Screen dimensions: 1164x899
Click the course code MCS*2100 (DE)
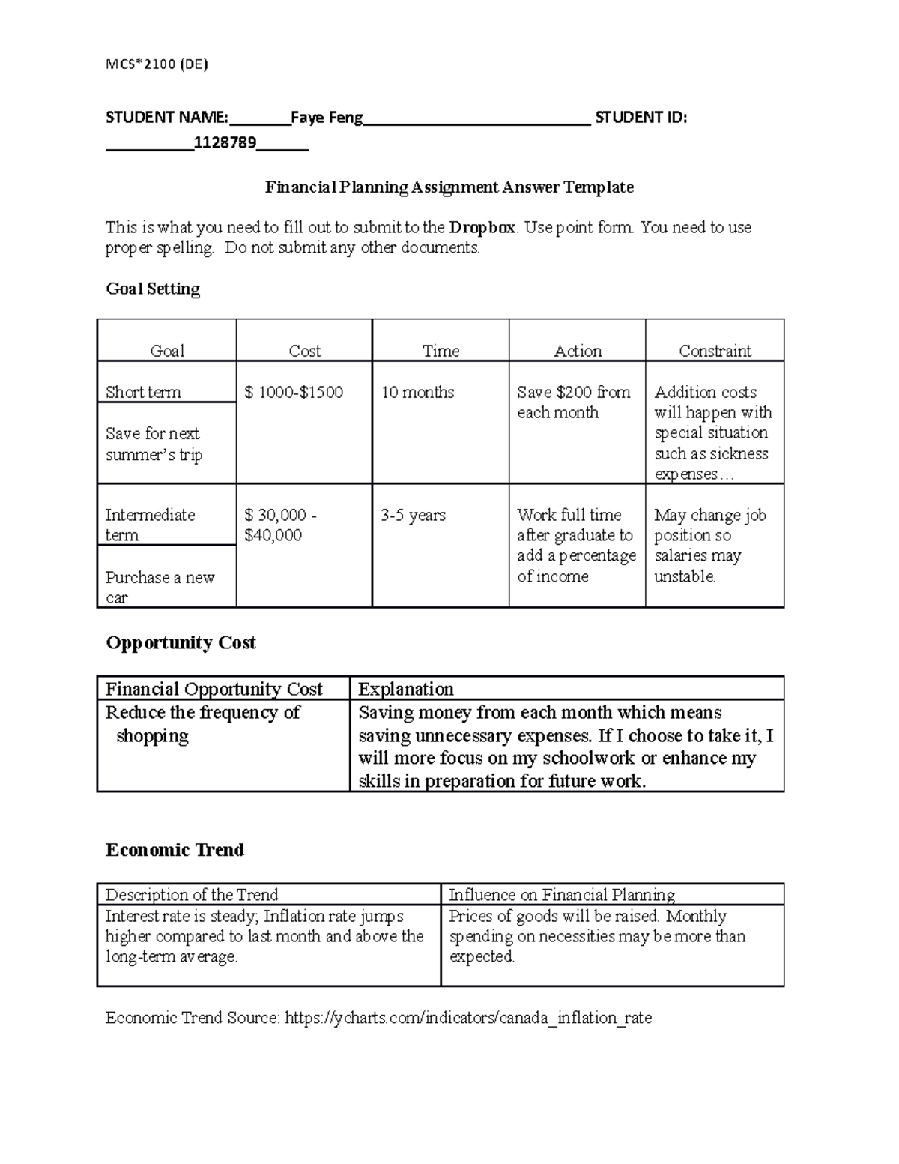point(157,64)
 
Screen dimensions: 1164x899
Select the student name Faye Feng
point(327,118)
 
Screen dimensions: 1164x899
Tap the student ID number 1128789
point(225,142)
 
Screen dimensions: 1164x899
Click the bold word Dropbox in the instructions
point(482,227)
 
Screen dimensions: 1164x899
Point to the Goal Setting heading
point(153,289)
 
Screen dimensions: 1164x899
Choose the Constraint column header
point(715,351)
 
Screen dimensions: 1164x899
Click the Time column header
point(441,351)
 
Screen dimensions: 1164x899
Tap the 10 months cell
point(417,392)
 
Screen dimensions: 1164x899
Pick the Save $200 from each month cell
point(573,402)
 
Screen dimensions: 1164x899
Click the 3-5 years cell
point(413,515)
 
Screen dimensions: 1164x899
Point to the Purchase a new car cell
point(160,587)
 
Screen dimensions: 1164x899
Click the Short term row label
point(143,392)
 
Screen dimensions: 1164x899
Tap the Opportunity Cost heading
point(181,642)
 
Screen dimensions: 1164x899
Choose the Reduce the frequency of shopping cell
point(202,723)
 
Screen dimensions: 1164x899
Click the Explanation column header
point(405,689)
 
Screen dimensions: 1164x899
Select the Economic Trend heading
point(175,849)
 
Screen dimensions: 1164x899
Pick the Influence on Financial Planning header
point(561,894)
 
